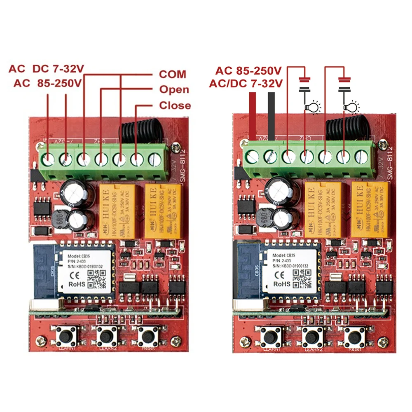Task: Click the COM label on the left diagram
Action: [172, 74]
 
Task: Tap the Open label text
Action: [174, 89]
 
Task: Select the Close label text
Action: [175, 105]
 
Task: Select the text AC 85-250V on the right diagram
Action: [248, 70]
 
